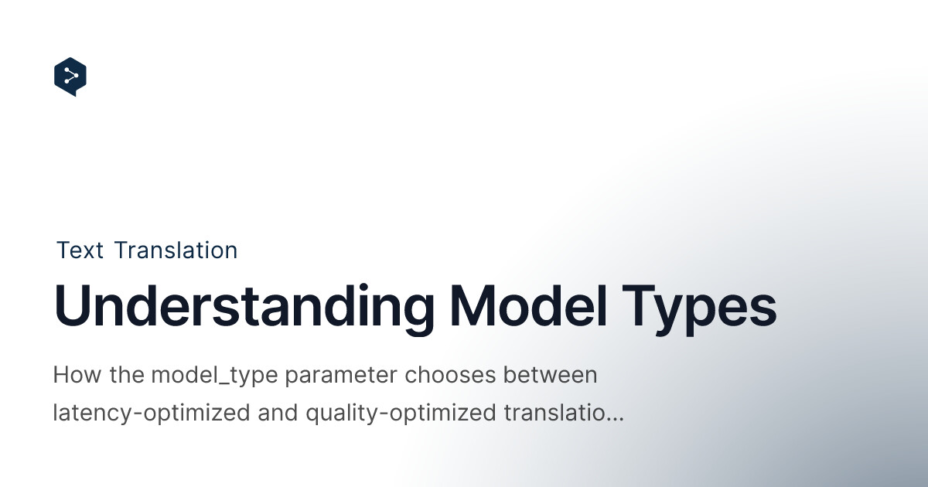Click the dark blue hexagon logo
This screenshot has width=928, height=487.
tap(70, 77)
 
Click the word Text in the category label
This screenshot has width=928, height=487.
tap(80, 250)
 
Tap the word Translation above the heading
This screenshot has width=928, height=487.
tap(176, 250)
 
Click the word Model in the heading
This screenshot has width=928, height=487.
tap(528, 305)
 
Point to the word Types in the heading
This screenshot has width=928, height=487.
tap(699, 309)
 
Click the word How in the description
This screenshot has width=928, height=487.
tap(77, 374)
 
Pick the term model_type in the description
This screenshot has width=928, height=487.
tap(214, 376)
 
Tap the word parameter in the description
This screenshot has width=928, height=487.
tap(341, 376)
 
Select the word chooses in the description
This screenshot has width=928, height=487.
tap(450, 374)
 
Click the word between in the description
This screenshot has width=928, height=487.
tap(550, 374)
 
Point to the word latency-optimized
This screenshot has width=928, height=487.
tap(152, 414)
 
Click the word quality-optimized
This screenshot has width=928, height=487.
tap(401, 414)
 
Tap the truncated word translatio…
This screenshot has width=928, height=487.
tap(564, 413)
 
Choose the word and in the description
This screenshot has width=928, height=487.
tap(278, 413)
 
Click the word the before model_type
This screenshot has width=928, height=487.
tap(127, 374)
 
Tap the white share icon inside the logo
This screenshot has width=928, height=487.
tap(71, 76)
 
